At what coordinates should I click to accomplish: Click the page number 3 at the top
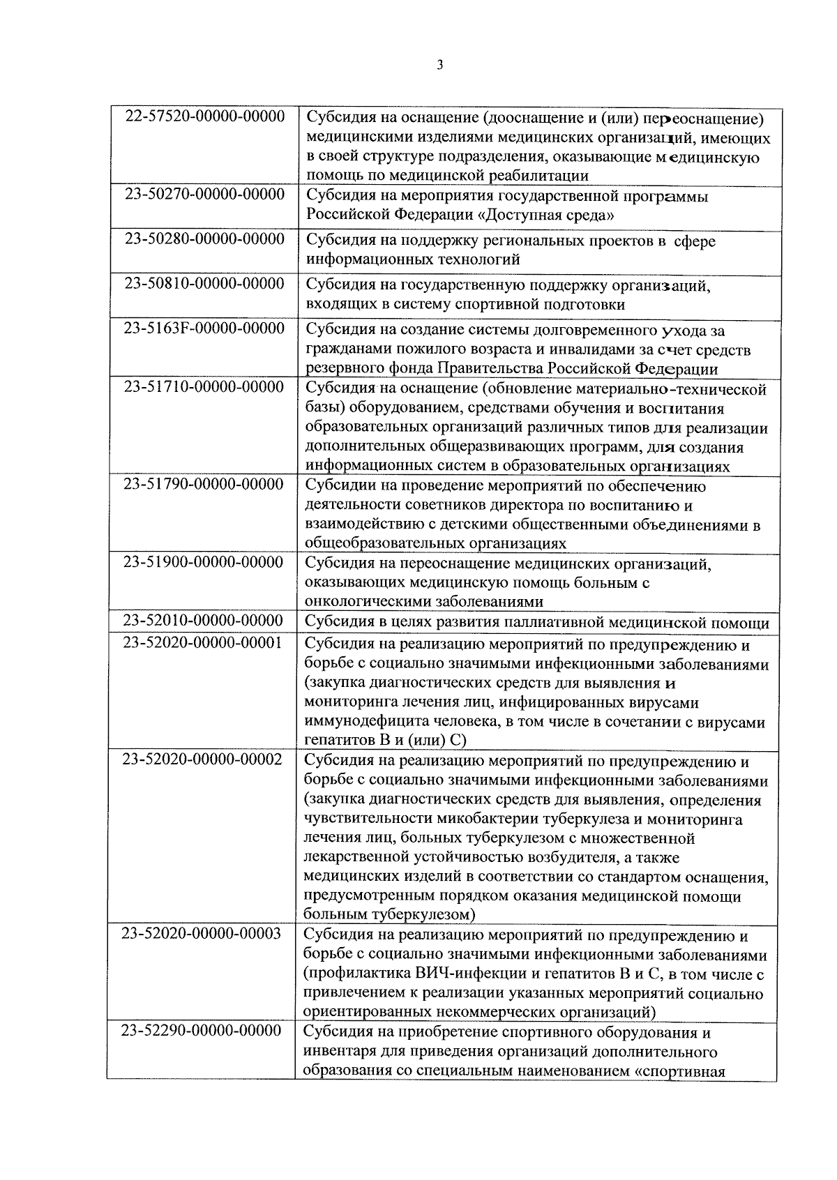(439, 66)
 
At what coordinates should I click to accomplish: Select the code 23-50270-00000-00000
(204, 194)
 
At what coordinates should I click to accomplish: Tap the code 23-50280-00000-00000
(204, 239)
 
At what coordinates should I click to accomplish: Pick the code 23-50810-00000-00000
(204, 283)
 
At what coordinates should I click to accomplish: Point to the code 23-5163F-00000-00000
(204, 328)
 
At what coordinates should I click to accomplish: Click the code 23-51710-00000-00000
(204, 387)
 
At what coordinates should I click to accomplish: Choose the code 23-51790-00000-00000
(204, 484)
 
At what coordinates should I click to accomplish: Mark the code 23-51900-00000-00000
(204, 562)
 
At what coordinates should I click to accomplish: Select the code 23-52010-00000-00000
(204, 621)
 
